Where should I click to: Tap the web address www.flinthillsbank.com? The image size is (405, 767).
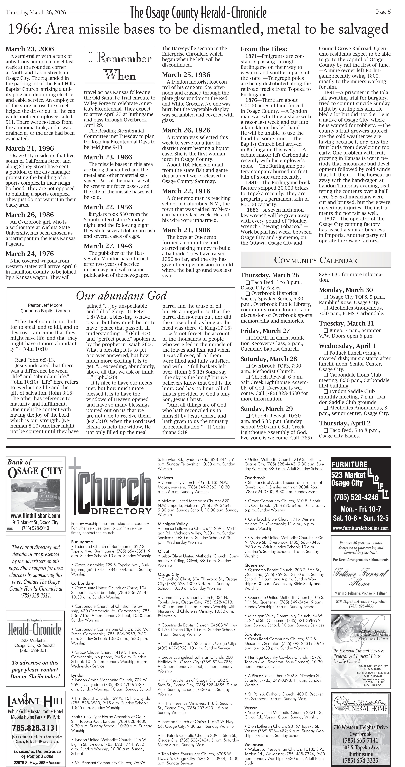(x=35, y=516)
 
